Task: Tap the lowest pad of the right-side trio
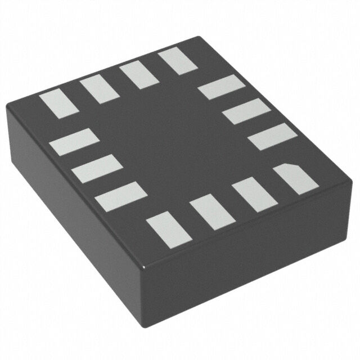[x=272, y=137]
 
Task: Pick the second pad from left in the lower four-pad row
[x=212, y=213]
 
